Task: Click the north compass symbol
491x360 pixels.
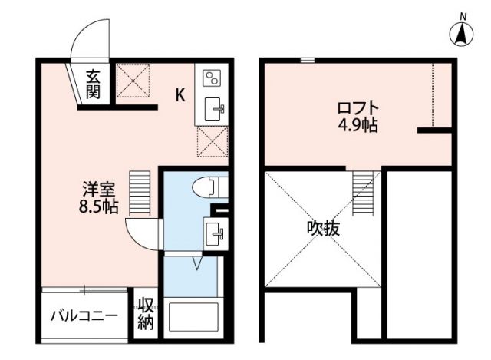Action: pyautogui.click(x=462, y=30)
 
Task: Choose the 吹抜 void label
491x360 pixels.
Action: pyautogui.click(x=324, y=228)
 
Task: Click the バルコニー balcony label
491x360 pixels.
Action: pyautogui.click(x=84, y=315)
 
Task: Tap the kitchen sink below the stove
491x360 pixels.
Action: pyautogui.click(x=213, y=108)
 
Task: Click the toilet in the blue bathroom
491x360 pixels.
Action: pyautogui.click(x=208, y=187)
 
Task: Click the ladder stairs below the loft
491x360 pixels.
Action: pyautogui.click(x=362, y=192)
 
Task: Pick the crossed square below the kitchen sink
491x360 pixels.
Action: pyautogui.click(x=212, y=141)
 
